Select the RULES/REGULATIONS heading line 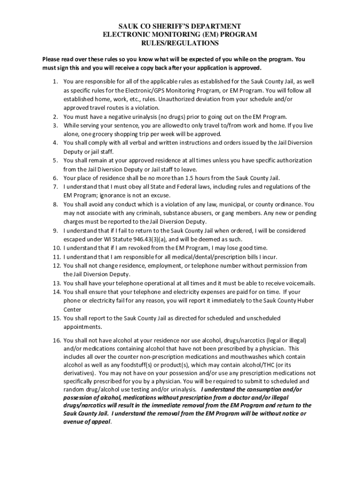click(180, 43)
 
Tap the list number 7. click(55, 187)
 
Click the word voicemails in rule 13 click(301, 283)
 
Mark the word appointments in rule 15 click(82, 327)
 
